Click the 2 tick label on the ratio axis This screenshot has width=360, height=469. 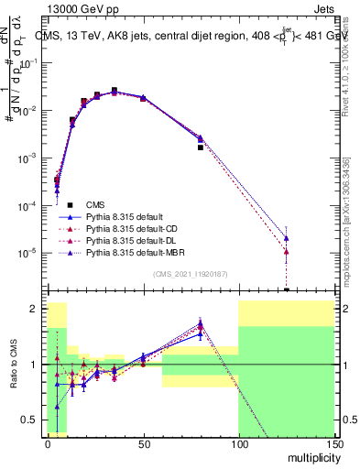point(38,309)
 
